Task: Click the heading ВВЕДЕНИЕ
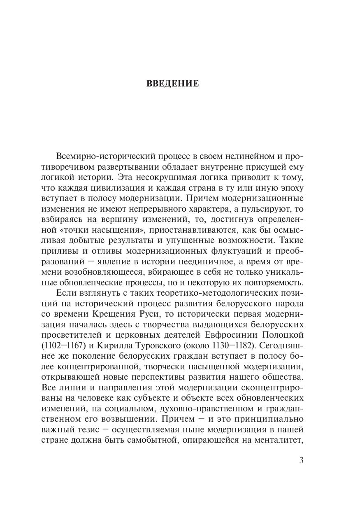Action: click(172, 84)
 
